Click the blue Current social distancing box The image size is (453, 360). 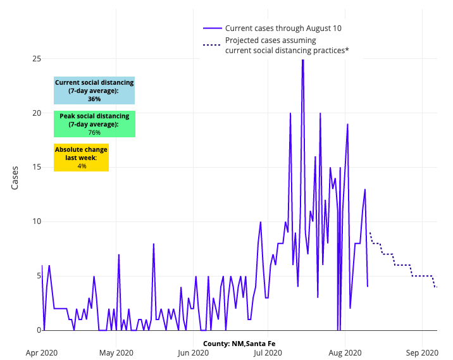point(94,90)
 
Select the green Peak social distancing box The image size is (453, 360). point(94,124)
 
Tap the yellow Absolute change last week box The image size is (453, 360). point(81,158)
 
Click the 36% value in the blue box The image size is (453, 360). point(94,99)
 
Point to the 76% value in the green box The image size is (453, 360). point(94,133)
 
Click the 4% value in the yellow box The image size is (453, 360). point(82,166)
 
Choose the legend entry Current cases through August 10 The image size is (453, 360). point(283,28)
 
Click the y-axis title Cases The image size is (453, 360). point(15,178)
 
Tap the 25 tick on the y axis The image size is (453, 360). point(36,59)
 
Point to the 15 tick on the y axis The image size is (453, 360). point(36,167)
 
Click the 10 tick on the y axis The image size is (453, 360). point(36,221)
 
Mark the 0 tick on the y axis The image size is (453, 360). point(38,330)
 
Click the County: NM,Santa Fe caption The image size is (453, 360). point(239,344)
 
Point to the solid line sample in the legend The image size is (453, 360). point(212,28)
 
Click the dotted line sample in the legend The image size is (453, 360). point(212,46)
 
